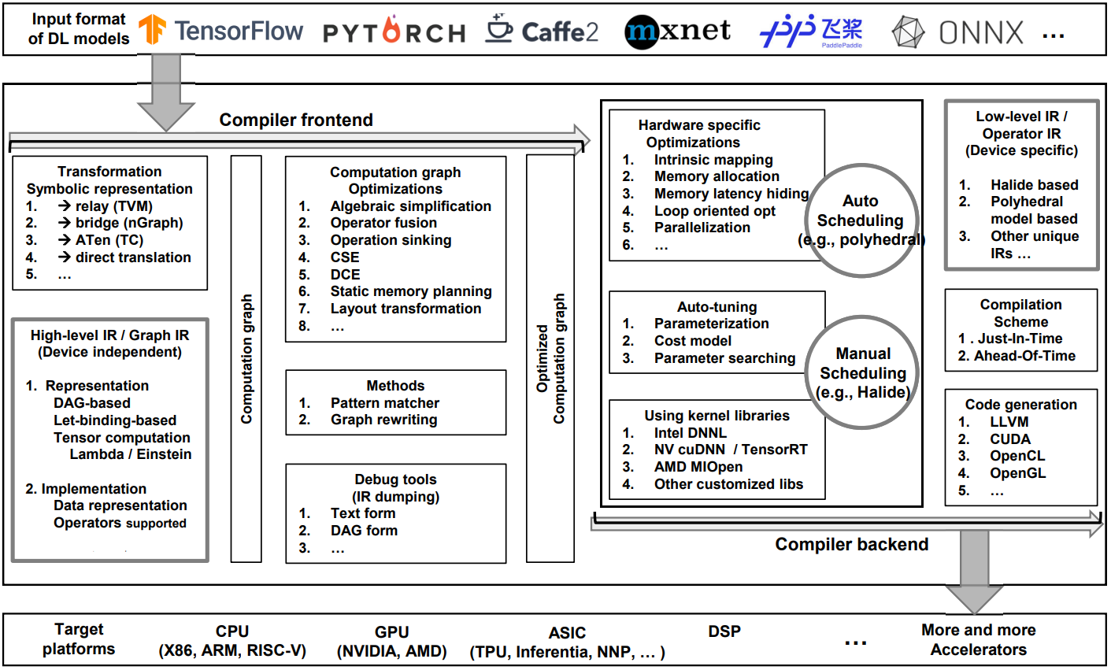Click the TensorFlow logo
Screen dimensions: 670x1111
220,31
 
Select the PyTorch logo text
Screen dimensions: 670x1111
394,32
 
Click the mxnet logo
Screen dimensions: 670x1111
677,31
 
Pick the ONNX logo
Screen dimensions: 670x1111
957,32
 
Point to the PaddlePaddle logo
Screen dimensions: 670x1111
811,31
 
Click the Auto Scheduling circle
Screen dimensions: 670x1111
860,220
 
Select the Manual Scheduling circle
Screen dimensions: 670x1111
863,372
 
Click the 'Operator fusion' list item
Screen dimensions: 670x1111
383,223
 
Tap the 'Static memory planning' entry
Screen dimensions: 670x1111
410,291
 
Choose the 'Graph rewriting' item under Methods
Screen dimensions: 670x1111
383,420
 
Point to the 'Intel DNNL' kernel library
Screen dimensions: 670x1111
690,433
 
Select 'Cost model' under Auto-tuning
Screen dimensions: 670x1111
692,341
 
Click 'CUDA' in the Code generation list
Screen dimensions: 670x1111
1009,439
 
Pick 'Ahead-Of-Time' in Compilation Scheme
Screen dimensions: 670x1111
1024,356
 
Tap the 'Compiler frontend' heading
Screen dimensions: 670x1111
296,120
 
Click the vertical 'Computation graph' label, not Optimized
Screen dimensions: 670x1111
246,358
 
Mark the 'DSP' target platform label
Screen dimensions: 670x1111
724,631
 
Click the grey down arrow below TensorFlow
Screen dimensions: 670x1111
166,91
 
